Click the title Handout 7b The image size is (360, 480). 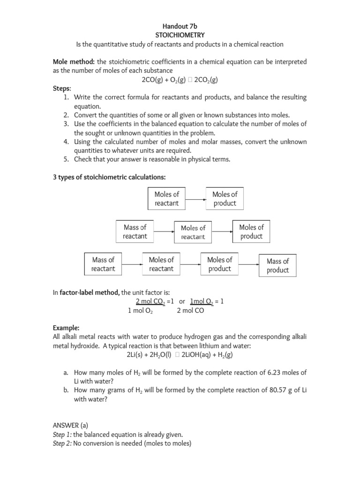[180, 27]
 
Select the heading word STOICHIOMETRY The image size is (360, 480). [180, 35]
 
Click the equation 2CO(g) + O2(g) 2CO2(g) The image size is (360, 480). [180, 80]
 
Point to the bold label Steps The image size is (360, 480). [62, 88]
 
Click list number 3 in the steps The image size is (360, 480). [67, 124]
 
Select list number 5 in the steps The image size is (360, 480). [67, 159]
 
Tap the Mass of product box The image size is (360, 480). [277, 266]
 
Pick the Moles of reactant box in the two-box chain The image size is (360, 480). [167, 199]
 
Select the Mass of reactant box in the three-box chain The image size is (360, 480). [135, 232]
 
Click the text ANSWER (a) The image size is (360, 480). [70, 426]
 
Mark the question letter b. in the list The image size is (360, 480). [67, 390]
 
